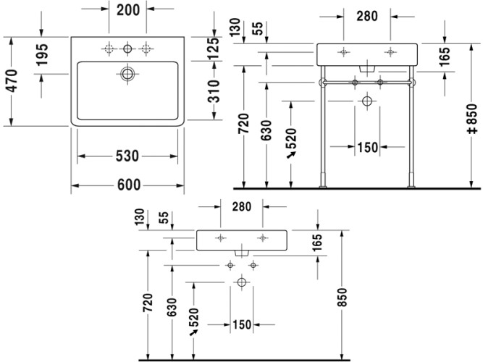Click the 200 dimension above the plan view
(127, 11)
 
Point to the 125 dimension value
(214, 49)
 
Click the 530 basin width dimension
(127, 156)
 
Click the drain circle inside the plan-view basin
(127, 74)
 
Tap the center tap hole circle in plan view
(127, 49)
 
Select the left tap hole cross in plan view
(109, 49)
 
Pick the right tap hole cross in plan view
(147, 49)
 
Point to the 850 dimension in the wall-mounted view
(343, 295)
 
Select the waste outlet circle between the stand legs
(367, 101)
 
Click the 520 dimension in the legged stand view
(291, 141)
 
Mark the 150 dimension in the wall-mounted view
(242, 325)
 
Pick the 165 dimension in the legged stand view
(444, 54)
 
